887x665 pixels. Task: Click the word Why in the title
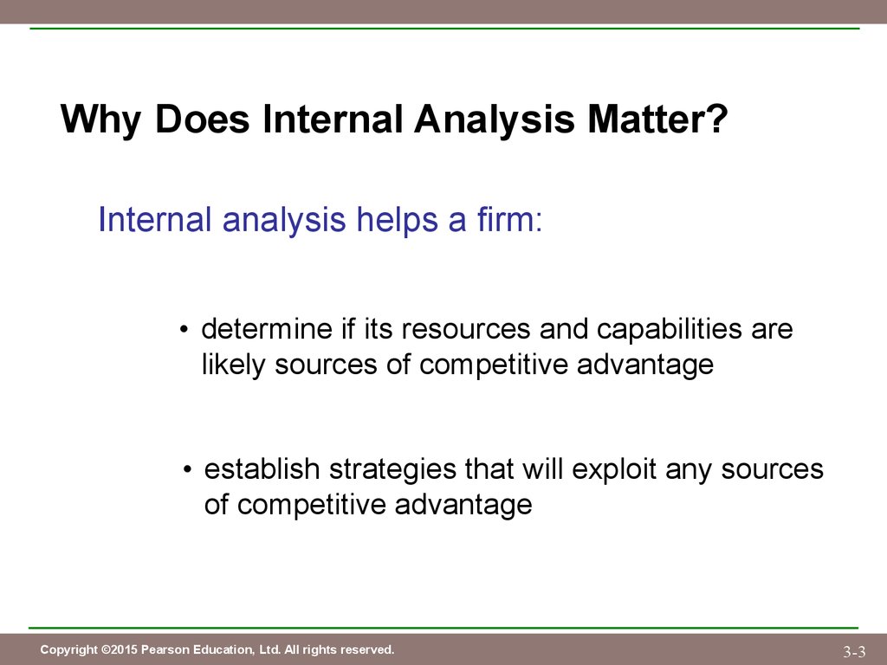[100, 119]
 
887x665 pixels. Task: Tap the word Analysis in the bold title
[495, 119]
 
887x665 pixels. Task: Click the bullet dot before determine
[183, 330]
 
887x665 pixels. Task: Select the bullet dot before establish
[188, 469]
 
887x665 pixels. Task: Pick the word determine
[267, 328]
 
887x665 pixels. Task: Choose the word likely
[234, 365]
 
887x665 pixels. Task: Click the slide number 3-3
[854, 651]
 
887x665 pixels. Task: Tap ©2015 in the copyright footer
[120, 649]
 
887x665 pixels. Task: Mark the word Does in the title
[202, 119]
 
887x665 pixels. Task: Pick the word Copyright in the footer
[68, 650]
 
